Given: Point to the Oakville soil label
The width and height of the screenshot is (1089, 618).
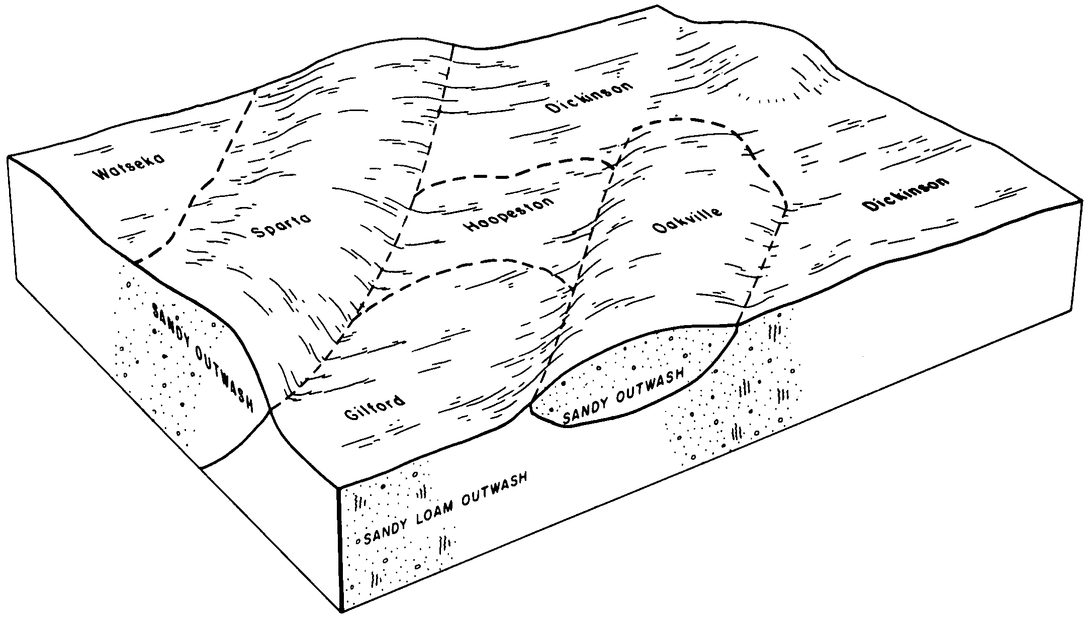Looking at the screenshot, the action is click(687, 220).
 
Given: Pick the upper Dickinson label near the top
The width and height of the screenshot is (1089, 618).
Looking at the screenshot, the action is click(589, 97).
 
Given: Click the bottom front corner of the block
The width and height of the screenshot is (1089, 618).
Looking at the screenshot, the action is click(342, 611).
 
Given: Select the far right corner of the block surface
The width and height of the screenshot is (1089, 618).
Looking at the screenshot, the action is click(1081, 199).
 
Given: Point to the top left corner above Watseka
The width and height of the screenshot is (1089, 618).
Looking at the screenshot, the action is click(9, 156).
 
